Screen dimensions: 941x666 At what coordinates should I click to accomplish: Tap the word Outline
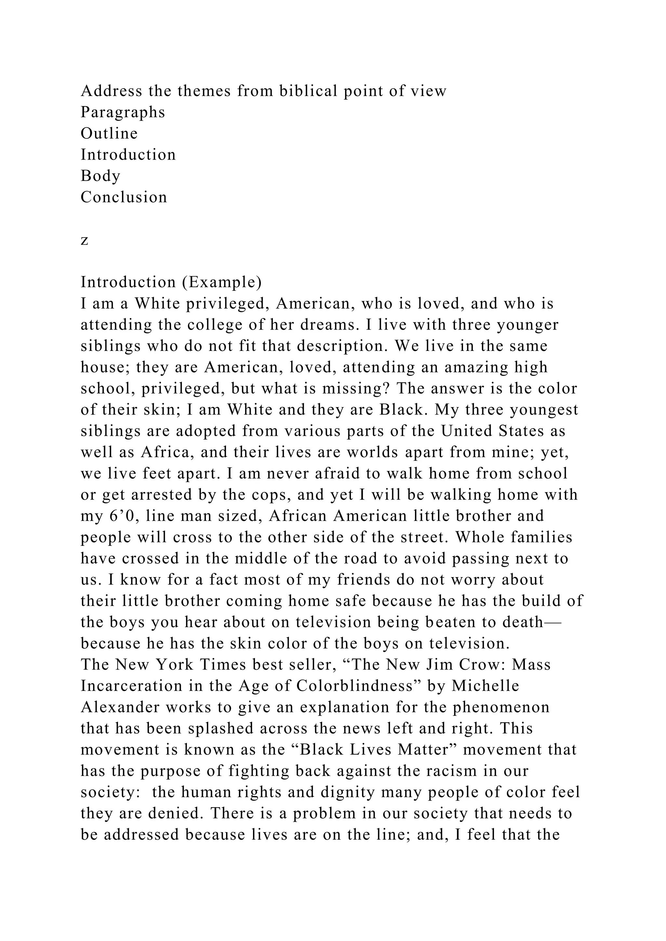pos(109,134)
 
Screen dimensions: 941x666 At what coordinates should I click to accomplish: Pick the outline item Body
pos(100,176)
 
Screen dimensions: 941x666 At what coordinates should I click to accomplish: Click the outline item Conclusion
pos(124,197)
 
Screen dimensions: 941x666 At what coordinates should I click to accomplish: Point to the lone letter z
pos(85,240)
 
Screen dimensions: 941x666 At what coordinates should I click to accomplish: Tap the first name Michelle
pos(486,686)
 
